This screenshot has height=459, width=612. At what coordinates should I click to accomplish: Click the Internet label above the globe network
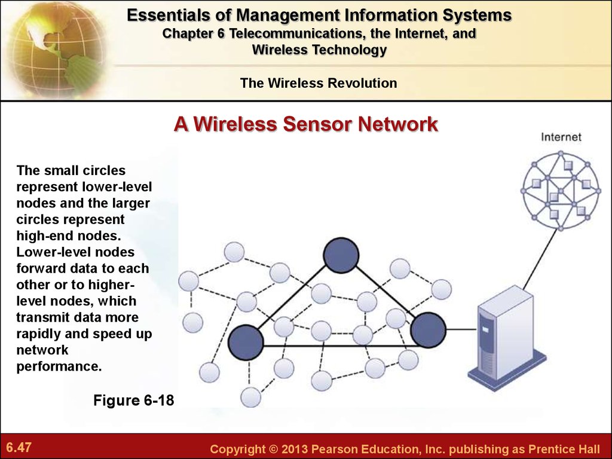point(561,137)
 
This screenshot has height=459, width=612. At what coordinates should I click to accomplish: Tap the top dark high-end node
point(341,255)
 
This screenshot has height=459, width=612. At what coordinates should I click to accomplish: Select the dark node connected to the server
point(428,330)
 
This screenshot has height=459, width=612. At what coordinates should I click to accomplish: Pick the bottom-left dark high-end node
point(246,342)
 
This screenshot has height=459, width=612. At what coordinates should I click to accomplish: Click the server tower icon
point(507,338)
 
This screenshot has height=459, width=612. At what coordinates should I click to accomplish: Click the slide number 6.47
point(19,447)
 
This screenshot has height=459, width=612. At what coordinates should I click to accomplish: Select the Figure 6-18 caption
point(133,400)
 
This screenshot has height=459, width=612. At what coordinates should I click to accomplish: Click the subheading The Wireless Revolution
point(319,83)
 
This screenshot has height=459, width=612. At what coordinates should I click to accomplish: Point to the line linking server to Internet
point(540,259)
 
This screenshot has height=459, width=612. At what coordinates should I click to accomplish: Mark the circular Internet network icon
point(561,191)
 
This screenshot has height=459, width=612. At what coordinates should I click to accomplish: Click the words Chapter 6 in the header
point(194,33)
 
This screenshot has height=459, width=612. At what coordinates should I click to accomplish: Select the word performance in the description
point(59,366)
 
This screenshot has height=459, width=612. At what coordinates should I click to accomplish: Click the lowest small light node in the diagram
point(250,397)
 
